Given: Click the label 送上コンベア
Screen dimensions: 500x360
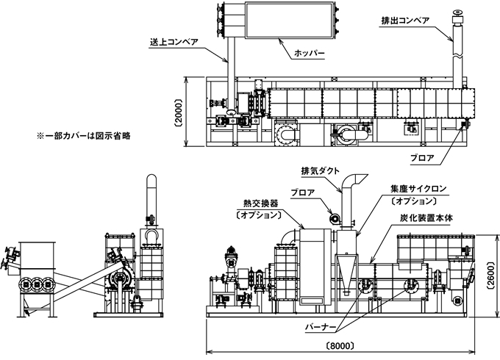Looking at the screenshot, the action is point(174,42).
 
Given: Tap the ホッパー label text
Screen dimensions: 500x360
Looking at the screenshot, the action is point(309,53).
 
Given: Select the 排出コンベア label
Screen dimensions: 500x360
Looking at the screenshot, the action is point(405,21).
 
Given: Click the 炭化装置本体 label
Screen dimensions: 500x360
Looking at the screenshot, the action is point(426,218).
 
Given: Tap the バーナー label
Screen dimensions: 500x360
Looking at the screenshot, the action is point(321,328).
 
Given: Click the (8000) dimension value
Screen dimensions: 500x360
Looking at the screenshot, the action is point(340,346).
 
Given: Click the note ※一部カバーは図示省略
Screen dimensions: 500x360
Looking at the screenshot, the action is point(84,136).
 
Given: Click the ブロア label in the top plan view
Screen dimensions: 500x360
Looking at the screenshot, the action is point(422,158).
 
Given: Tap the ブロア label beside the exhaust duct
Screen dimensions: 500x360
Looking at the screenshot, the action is point(303,192).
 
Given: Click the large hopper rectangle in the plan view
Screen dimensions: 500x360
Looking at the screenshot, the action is point(290,20).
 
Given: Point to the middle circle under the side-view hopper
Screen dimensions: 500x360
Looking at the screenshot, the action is point(37,284).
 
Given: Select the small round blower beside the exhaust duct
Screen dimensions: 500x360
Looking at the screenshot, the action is point(335,218).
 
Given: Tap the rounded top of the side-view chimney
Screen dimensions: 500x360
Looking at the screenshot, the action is point(151,177).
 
